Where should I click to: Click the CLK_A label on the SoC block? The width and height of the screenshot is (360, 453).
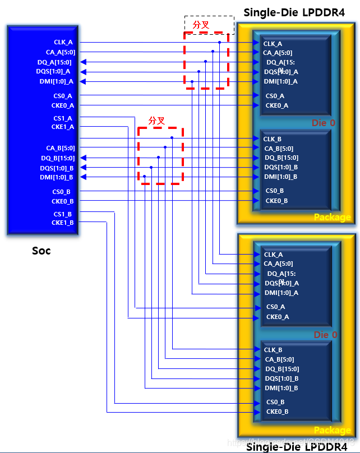point(63,42)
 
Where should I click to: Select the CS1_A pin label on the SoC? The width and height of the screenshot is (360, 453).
point(62,118)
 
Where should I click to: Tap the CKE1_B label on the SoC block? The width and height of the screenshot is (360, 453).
point(63,223)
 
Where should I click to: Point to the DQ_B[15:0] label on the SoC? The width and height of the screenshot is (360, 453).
point(57,158)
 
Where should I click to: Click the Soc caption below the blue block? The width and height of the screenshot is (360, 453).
point(41,251)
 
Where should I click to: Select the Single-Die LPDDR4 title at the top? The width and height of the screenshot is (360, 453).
point(294,12)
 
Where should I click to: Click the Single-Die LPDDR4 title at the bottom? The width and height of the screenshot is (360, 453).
point(297,447)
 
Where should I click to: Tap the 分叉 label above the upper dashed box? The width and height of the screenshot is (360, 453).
point(201,25)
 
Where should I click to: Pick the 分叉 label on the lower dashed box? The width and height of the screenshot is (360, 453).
point(156,121)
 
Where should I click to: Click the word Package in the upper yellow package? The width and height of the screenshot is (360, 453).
point(332,217)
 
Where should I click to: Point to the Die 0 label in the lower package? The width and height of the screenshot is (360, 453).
point(325,335)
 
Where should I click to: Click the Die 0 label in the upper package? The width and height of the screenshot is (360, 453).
point(323,123)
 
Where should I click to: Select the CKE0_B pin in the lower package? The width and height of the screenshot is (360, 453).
point(277,412)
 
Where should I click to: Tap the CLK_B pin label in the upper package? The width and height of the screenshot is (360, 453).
point(273,139)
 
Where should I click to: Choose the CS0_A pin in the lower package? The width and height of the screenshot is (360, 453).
point(275,307)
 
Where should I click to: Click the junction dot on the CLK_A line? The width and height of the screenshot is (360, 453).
point(219,42)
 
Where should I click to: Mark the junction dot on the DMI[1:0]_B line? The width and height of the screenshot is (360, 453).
point(144,177)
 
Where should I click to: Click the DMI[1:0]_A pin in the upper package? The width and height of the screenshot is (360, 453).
point(280,81)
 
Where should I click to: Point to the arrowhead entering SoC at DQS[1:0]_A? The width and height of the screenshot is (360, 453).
point(82,72)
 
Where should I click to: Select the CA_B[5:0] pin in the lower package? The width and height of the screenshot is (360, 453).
point(279,359)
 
